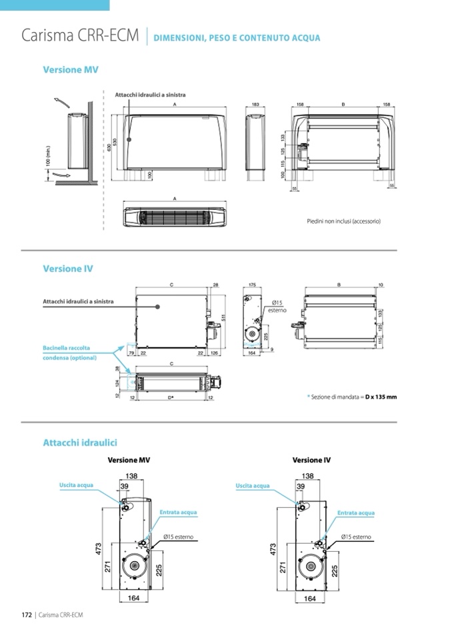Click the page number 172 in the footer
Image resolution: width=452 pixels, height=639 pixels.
point(27,614)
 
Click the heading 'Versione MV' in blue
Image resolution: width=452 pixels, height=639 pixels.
point(71,69)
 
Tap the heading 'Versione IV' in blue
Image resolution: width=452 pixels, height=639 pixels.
point(68,269)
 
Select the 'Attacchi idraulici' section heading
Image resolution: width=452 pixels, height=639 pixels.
point(80,442)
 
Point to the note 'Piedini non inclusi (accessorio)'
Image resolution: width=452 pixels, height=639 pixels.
point(343,221)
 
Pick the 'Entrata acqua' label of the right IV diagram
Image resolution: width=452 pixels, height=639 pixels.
point(355,513)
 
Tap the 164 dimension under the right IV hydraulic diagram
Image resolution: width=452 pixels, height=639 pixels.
point(309,599)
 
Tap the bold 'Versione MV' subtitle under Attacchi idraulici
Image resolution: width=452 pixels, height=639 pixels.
point(129,460)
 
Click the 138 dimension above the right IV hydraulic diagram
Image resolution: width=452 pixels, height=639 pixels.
point(307,476)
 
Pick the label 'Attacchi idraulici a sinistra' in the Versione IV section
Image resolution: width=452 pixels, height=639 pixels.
point(78,301)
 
